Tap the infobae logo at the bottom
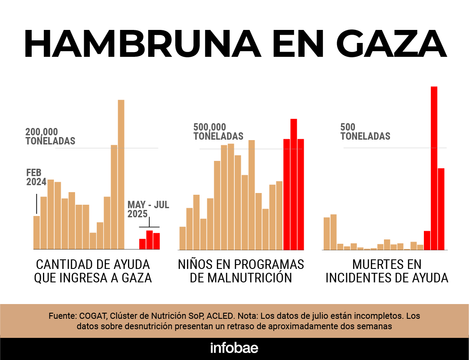click(x=234, y=348)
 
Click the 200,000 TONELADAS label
click(x=50, y=136)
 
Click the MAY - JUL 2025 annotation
click(x=148, y=209)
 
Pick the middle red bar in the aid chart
click(x=149, y=239)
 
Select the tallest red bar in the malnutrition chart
click(x=293, y=184)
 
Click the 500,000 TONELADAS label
click(x=218, y=131)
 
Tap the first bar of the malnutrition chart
click(x=182, y=238)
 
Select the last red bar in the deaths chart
click(x=441, y=209)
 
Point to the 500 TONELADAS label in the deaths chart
click(x=365, y=131)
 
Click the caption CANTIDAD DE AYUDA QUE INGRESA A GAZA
click(x=93, y=271)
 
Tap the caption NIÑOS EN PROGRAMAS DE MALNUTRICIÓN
click(x=241, y=271)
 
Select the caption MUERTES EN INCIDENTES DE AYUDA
click(x=387, y=271)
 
